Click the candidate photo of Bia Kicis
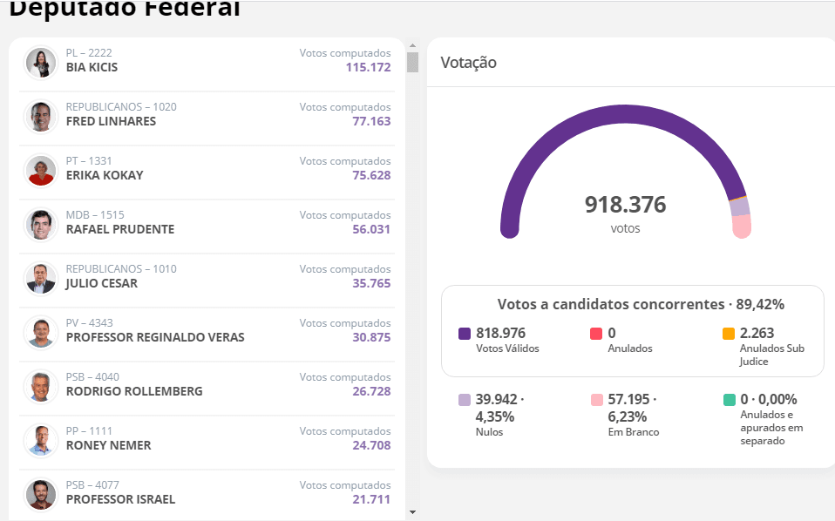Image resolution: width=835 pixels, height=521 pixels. coord(40,63)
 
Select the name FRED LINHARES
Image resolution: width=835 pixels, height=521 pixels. coord(111,121)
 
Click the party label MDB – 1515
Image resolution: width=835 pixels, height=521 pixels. coord(95,215)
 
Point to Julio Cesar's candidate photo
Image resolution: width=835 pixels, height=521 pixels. coord(40,279)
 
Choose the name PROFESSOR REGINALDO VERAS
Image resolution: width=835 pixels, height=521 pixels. coord(155,337)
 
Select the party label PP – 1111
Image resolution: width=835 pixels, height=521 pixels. coord(89,431)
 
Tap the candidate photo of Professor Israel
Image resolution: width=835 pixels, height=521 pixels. coord(40,495)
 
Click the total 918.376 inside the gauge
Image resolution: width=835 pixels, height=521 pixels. coord(625,206)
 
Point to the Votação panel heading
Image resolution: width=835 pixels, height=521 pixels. coord(468,63)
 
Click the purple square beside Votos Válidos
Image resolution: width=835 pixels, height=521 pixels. coord(465,334)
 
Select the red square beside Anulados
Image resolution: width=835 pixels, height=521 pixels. coord(596,334)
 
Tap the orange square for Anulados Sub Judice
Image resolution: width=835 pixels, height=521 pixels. coord(729,334)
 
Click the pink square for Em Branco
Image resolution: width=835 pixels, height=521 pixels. coord(596,400)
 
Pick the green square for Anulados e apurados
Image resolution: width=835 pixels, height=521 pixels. coord(729,400)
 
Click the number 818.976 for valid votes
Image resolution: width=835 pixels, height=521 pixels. coord(500,333)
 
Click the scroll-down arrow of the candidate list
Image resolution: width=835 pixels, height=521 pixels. coord(412,512)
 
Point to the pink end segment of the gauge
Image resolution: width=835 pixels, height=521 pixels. coord(742,226)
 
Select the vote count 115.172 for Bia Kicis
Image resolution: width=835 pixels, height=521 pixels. coord(368,67)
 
